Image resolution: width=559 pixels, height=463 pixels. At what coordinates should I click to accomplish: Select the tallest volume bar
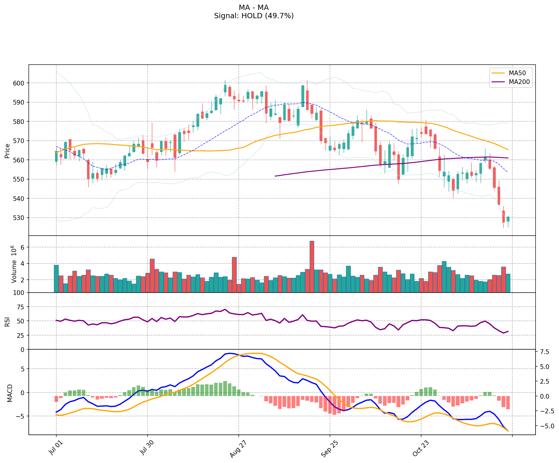coord(312,266)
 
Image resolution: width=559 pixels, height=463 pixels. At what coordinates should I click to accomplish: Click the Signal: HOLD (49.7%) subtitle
coord(254,16)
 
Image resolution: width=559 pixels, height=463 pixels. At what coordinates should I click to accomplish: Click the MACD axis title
coord(10,393)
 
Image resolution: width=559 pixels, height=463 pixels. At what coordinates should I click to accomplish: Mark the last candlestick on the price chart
coord(508,219)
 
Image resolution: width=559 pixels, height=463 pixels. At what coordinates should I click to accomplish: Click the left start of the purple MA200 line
coord(275,176)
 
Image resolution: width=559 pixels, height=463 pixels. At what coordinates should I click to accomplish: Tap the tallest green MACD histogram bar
coord(225,388)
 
